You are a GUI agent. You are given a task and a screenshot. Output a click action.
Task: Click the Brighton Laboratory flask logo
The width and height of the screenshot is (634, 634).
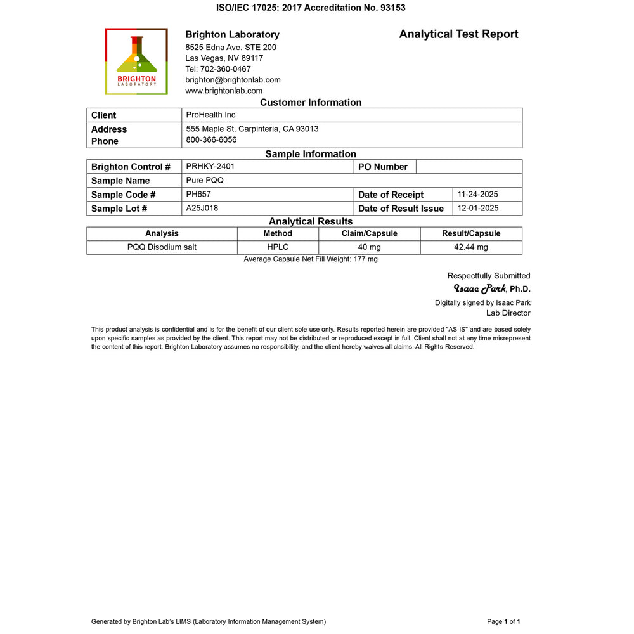(136, 61)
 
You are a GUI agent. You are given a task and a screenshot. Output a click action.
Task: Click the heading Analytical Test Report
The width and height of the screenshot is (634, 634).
(458, 34)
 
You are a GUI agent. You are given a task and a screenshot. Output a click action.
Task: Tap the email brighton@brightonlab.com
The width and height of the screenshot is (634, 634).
(233, 80)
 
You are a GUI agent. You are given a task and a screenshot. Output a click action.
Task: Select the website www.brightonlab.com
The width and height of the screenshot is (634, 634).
(224, 91)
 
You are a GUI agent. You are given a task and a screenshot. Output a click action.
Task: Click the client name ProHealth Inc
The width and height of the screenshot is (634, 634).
(210, 115)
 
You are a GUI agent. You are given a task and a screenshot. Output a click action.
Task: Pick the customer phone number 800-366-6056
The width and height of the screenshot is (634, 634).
(211, 139)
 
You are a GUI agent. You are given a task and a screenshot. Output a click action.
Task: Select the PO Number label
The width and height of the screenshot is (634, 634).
(382, 167)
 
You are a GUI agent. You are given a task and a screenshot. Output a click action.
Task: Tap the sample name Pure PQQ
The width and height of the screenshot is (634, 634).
(205, 180)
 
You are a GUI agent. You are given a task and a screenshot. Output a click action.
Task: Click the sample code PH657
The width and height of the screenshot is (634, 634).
(198, 194)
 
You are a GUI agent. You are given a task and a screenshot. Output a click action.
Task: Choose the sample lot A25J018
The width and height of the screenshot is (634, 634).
(202, 208)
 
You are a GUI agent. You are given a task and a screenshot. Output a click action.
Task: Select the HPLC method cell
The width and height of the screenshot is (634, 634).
(278, 247)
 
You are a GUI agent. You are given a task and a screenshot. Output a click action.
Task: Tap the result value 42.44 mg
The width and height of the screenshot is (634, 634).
(471, 247)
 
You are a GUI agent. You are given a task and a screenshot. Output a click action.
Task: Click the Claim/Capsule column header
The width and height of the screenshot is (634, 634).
(369, 233)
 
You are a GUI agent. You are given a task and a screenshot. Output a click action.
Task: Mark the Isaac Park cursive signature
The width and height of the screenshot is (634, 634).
(479, 288)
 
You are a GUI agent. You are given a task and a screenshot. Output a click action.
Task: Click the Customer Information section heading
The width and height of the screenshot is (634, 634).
(311, 103)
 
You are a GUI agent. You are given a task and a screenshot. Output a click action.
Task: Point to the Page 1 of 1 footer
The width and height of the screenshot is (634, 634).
(503, 621)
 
